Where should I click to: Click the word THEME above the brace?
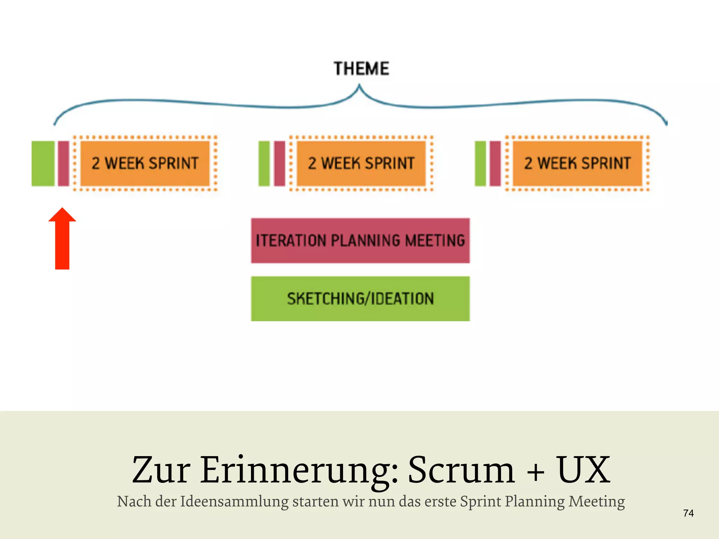click(361, 68)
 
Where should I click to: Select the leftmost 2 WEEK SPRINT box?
click(145, 163)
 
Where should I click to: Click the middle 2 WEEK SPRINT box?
click(361, 163)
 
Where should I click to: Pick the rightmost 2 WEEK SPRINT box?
click(578, 163)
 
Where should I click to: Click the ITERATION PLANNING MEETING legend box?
click(360, 241)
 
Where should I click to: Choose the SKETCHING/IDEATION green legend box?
click(360, 299)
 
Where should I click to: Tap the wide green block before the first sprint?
click(43, 164)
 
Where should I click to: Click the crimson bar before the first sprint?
click(64, 164)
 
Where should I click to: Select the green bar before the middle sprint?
click(264, 164)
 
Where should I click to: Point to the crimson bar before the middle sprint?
click(280, 164)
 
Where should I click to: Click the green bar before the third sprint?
click(480, 164)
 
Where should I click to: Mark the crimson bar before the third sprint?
click(495, 164)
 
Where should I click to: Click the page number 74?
click(688, 513)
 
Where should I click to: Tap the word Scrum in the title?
click(461, 470)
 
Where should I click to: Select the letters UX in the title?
click(583, 470)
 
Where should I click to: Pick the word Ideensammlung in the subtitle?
click(234, 501)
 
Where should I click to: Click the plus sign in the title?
click(536, 472)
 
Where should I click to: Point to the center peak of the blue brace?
click(359, 86)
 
